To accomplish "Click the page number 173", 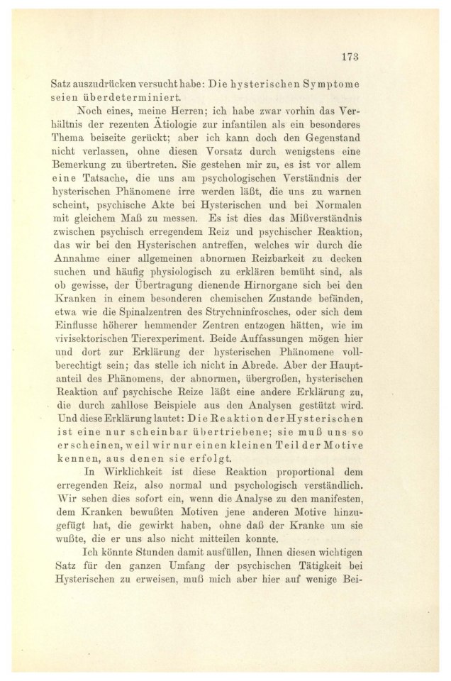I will pyautogui.click(x=350, y=57).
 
